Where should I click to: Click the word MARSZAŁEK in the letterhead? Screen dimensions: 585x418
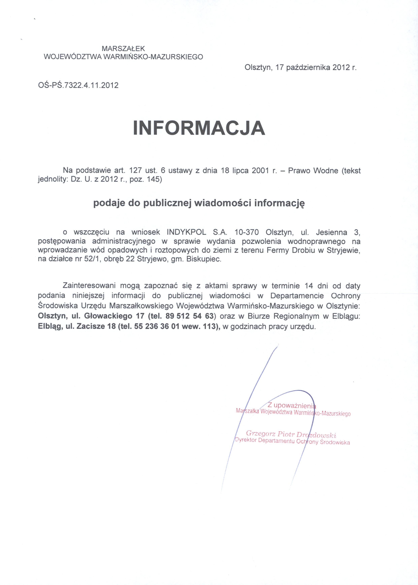[x=124, y=48]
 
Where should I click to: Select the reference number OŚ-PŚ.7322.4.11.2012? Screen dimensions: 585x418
[x=78, y=85]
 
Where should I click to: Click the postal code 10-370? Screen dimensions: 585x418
[x=247, y=232]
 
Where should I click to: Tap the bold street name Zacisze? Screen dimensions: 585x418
[x=91, y=326]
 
